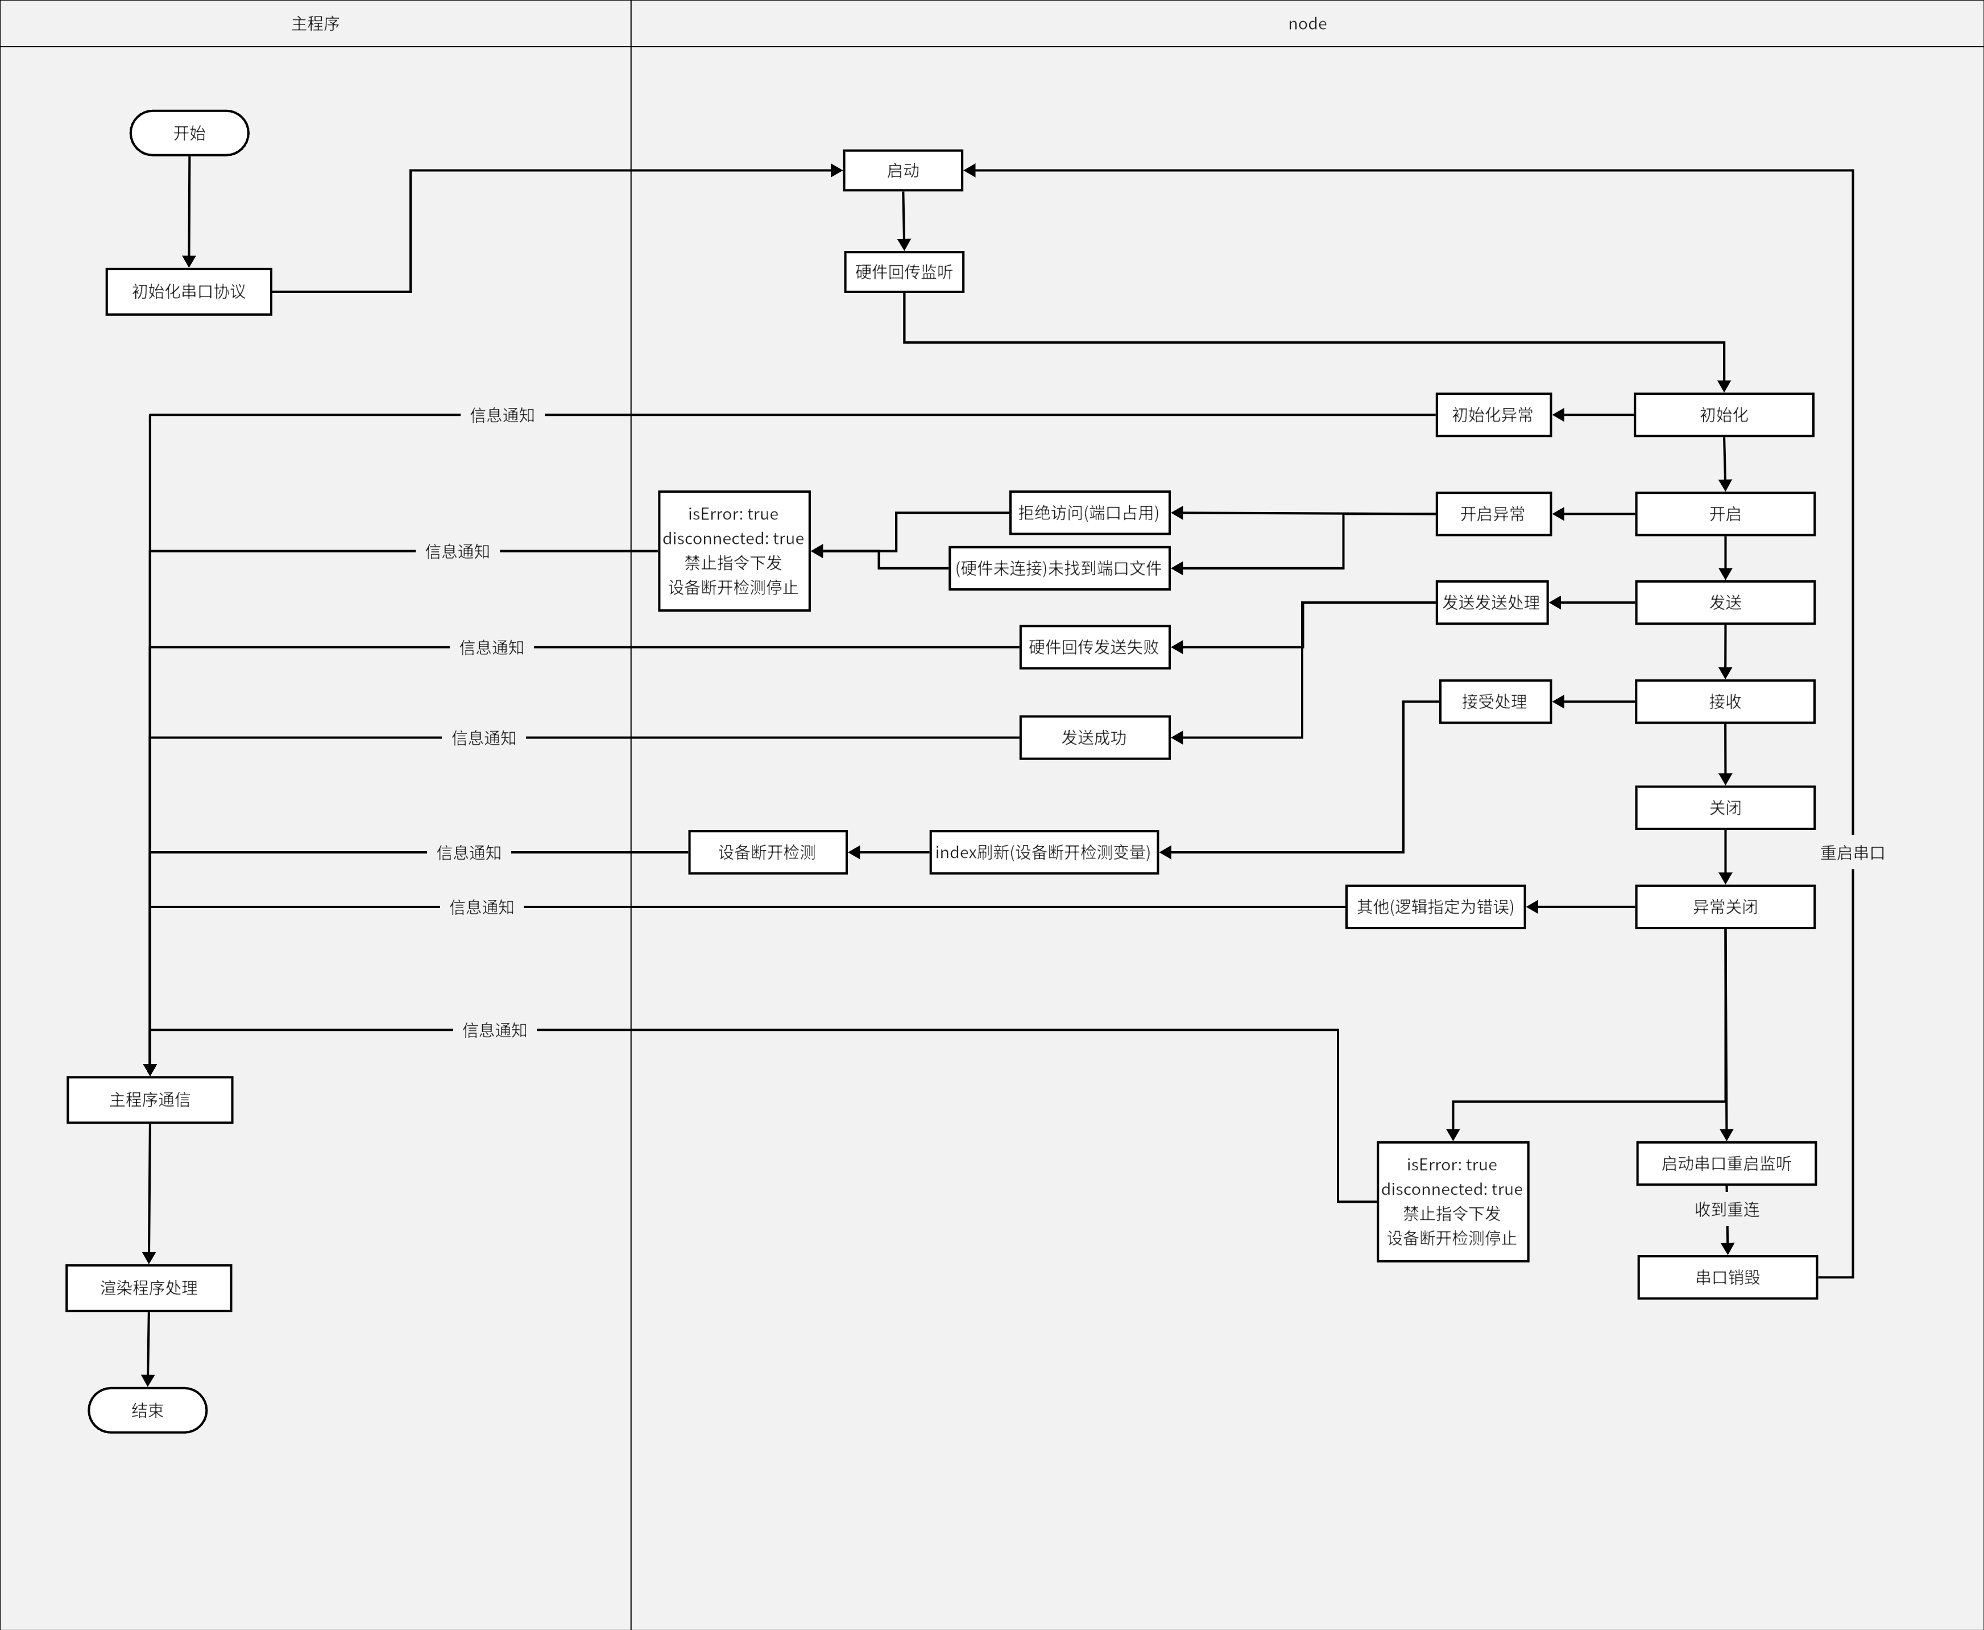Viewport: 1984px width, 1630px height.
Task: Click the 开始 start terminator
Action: click(x=189, y=133)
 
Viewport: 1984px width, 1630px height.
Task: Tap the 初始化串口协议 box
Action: click(x=189, y=291)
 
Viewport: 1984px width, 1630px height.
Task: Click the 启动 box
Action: click(x=903, y=170)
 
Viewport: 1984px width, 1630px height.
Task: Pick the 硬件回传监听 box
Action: click(x=904, y=271)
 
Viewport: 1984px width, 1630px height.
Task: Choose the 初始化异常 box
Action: click(x=1493, y=414)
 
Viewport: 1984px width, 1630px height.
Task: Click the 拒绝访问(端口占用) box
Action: click(x=1088, y=513)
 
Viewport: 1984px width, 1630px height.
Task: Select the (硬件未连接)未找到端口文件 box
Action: click(x=1059, y=568)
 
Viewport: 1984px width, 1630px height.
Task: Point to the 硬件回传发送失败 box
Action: click(x=1094, y=647)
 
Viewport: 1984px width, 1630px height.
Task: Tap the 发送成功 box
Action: click(x=1094, y=737)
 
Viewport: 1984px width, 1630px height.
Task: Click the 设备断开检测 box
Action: click(x=767, y=852)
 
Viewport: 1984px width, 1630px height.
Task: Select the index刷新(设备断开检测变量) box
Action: click(x=1043, y=852)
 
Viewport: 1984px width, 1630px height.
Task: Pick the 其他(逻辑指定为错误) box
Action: click(x=1435, y=906)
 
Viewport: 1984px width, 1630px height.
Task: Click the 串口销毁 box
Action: click(x=1727, y=1277)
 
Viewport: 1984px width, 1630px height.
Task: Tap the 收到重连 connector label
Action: click(x=1727, y=1210)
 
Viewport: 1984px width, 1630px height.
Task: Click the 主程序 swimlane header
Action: click(x=316, y=23)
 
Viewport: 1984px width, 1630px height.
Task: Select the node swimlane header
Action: click(x=1306, y=23)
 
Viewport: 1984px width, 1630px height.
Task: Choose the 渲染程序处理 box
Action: click(x=148, y=1288)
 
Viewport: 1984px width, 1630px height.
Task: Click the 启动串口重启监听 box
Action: click(x=1726, y=1163)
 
